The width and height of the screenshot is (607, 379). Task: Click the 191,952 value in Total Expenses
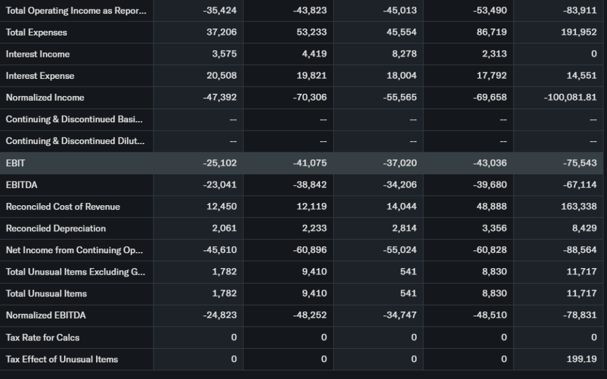pos(579,32)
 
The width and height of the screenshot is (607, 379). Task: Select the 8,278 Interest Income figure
pos(404,54)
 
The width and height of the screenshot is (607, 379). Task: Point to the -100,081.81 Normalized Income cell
pos(570,97)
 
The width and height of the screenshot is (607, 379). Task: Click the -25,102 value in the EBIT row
pos(219,163)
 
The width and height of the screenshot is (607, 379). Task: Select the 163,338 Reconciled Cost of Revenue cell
pos(579,206)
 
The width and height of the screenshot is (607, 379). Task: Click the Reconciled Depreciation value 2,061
pos(224,228)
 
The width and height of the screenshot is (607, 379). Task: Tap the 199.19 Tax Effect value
pos(582,359)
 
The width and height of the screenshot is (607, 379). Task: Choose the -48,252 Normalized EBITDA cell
pos(309,315)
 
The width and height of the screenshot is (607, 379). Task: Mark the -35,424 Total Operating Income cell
pos(219,11)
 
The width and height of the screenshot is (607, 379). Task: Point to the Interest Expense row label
pos(40,76)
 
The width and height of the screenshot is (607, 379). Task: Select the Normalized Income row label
pos(45,97)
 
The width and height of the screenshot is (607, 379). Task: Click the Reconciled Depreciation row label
pos(56,228)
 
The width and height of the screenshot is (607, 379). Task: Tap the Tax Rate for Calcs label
pos(43,337)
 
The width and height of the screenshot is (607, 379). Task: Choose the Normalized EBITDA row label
pos(46,315)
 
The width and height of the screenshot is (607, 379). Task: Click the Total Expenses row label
pos(36,32)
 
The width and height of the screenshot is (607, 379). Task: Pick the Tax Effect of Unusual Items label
pos(62,359)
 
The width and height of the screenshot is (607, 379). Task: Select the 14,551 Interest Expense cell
pos(581,76)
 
